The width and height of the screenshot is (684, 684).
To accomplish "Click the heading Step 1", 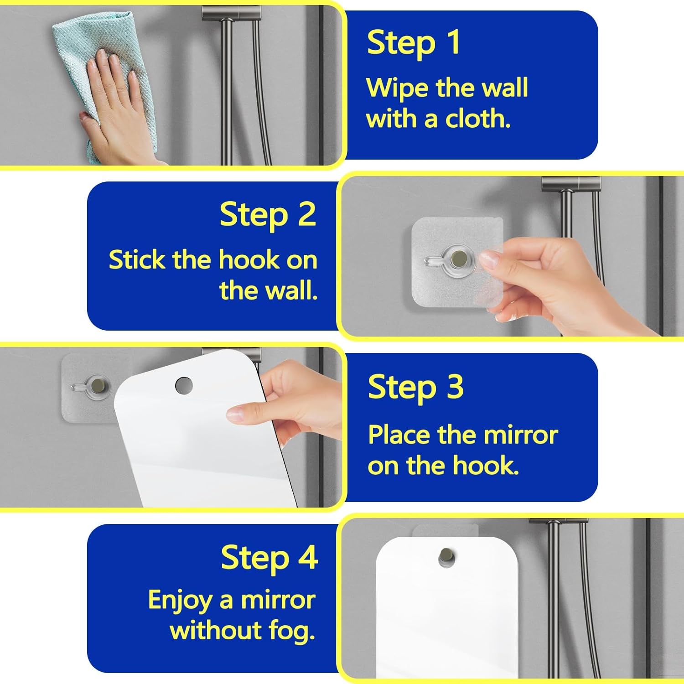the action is point(414,44).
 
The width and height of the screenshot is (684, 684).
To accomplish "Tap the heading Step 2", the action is point(268,215).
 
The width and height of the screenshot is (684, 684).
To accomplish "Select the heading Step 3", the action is point(416,387).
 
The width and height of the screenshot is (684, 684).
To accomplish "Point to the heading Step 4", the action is point(269,558).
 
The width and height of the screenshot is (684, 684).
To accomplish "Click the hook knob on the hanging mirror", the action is point(446,557).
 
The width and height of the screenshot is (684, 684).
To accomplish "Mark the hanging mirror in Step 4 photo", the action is point(447,606).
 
